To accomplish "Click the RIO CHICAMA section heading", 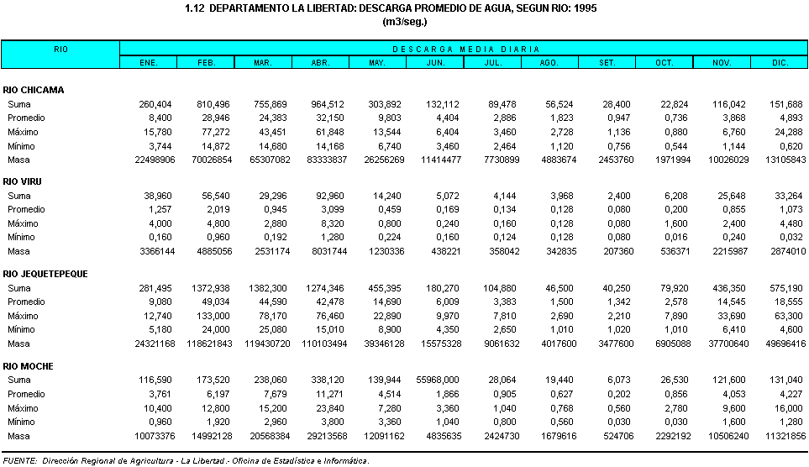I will (x=34, y=90).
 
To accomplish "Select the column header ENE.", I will (x=149, y=63).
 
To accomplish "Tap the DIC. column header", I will (x=780, y=63).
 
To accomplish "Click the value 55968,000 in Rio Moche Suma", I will (x=432, y=380).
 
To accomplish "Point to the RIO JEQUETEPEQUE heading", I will (x=45, y=274).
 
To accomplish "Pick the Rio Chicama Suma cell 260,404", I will (x=155, y=104).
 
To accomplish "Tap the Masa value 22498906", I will (x=150, y=160).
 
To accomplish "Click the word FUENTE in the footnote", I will (x=19, y=461).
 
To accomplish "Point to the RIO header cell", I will (x=60, y=50).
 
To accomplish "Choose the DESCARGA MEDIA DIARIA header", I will (x=465, y=50).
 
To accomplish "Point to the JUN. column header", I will (x=435, y=63).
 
